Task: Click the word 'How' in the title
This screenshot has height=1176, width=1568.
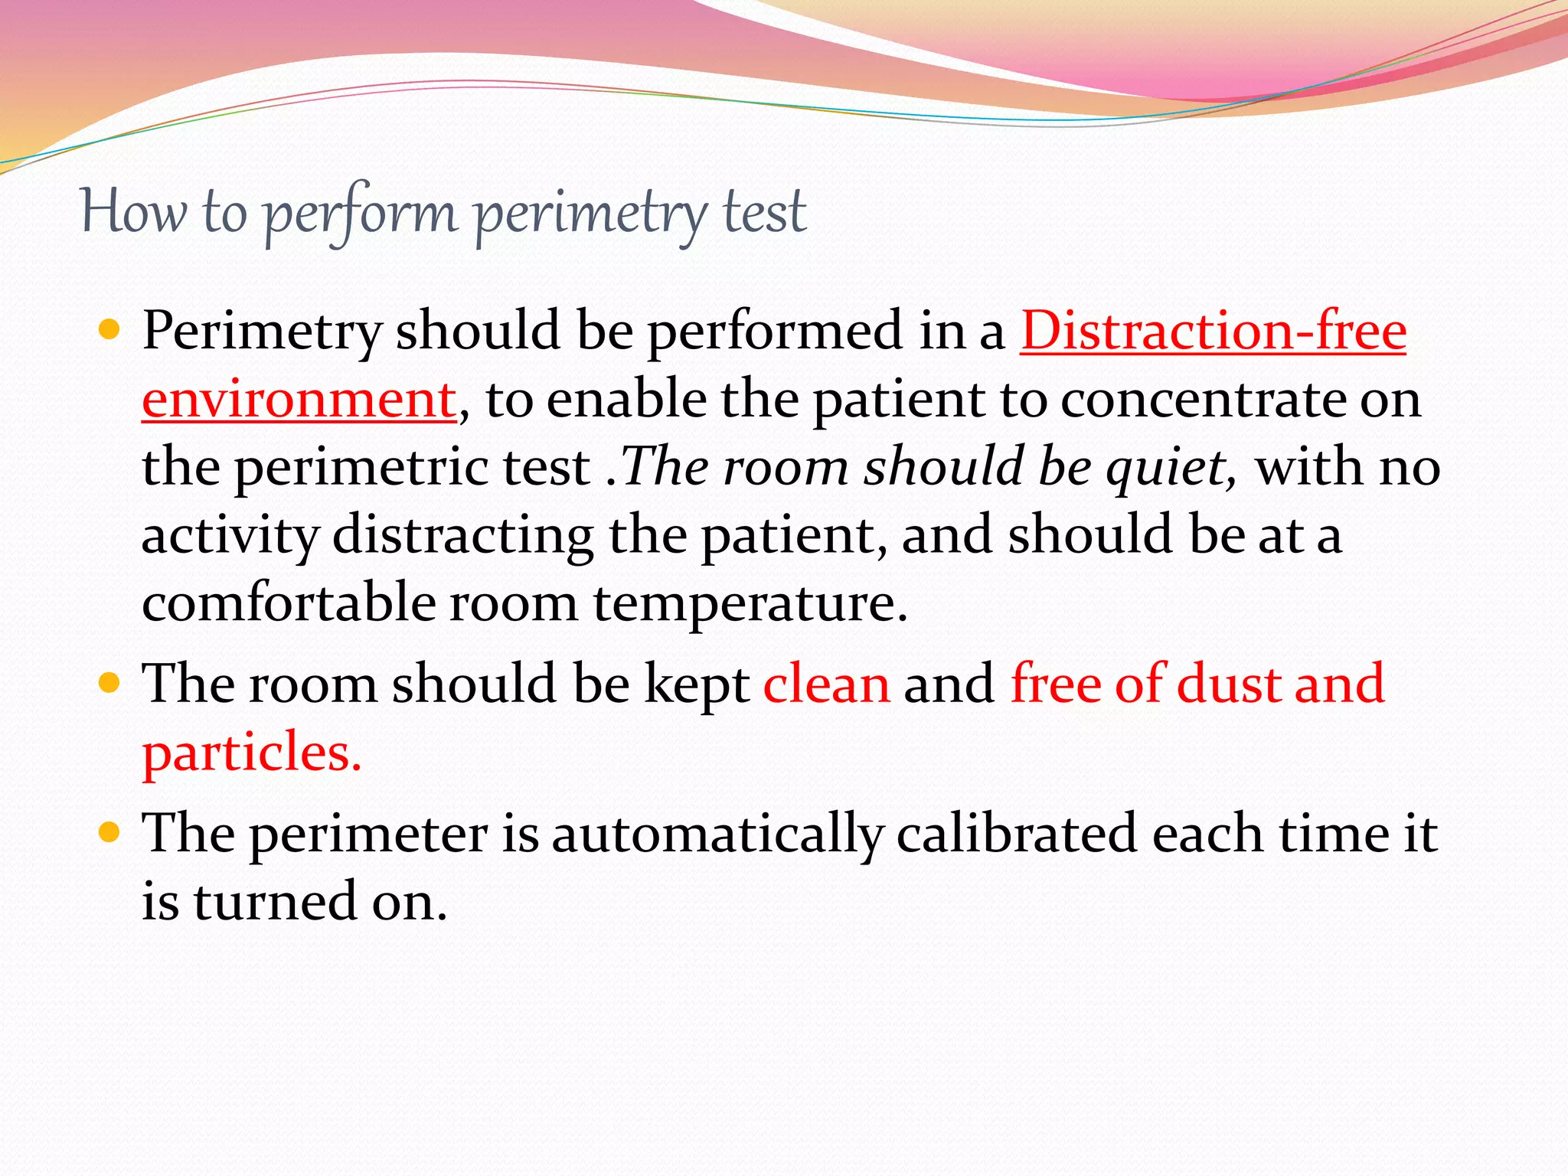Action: point(133,213)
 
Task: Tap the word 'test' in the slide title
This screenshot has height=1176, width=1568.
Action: point(763,213)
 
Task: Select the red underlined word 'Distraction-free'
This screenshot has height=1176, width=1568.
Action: point(1213,332)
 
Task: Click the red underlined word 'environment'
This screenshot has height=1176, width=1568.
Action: point(299,400)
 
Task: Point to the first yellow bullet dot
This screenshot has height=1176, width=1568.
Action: point(110,330)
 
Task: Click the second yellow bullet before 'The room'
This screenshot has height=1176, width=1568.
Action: point(110,682)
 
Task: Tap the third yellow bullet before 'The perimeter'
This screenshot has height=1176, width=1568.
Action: point(110,831)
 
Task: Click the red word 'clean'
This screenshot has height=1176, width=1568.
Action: point(826,684)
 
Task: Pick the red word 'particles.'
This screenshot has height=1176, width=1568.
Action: point(252,753)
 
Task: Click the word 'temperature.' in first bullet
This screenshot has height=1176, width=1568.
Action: point(750,603)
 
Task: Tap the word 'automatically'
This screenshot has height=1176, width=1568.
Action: point(717,834)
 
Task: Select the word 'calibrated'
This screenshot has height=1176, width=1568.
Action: point(1016,833)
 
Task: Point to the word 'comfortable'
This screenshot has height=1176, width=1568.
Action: point(288,603)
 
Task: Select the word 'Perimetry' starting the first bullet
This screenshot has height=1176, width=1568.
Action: point(262,332)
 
